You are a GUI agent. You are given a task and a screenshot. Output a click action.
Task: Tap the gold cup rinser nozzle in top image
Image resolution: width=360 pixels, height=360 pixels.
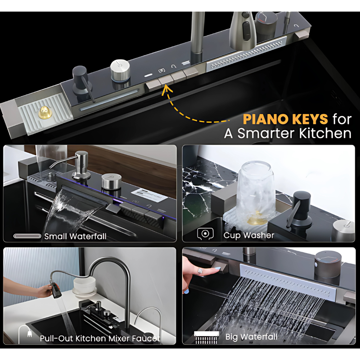point(45,113)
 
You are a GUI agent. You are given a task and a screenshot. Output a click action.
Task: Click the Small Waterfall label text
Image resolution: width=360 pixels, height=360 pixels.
point(75,236)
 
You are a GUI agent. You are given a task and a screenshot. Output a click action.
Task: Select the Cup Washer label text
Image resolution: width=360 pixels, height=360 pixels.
point(249,235)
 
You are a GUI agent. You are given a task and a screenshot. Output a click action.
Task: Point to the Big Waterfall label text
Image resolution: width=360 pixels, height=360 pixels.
point(251,337)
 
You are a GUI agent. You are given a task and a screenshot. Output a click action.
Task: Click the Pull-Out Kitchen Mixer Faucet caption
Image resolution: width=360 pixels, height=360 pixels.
point(100,338)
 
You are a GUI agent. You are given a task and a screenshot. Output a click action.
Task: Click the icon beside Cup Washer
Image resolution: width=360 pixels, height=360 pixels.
point(205,234)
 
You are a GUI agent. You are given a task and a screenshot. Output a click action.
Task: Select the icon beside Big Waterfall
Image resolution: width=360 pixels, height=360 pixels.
point(206,337)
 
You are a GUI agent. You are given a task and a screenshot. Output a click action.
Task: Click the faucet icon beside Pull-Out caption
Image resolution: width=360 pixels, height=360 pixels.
point(25,334)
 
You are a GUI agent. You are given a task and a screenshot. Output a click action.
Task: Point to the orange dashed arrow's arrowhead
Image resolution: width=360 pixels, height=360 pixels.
point(166,87)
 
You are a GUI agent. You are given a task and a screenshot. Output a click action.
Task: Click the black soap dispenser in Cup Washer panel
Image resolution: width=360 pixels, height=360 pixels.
point(301,210)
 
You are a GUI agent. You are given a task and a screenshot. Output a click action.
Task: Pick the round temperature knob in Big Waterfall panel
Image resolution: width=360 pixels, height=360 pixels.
point(328,263)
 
